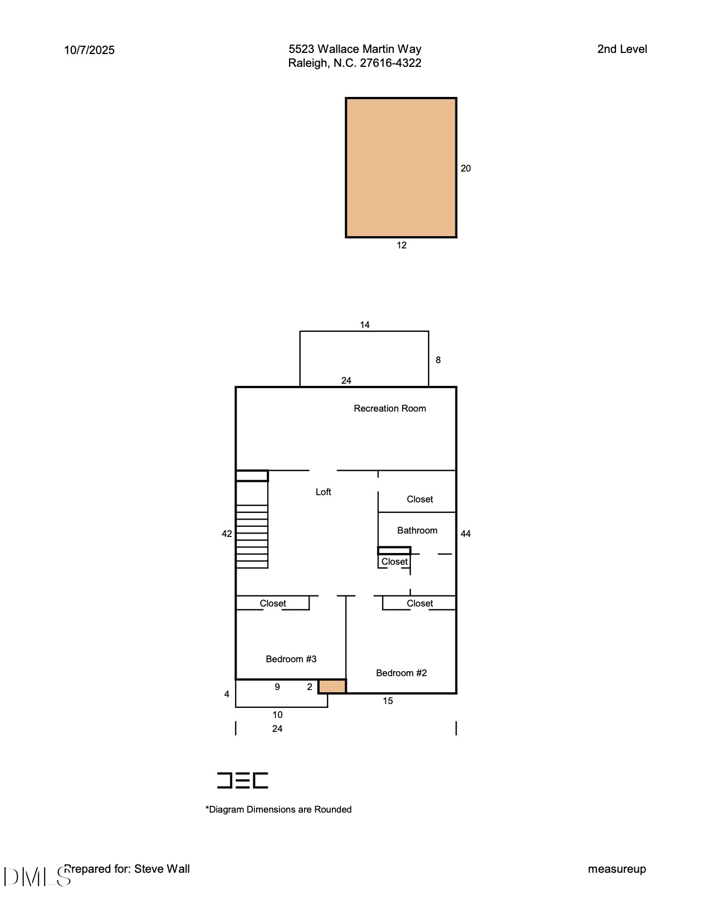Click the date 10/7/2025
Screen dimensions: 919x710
[x=89, y=50]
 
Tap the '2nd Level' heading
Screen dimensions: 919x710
[x=622, y=49]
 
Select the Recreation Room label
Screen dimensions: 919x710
[x=390, y=408]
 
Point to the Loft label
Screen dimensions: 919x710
[x=323, y=492]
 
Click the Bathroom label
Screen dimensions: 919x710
[x=417, y=530]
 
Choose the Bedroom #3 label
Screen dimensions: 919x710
[x=291, y=659]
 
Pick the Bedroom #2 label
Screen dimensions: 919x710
[x=401, y=673]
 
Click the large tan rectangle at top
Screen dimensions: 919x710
[x=401, y=168]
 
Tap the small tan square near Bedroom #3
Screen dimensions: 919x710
[x=332, y=686]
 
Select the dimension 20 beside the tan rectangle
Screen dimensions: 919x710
[x=466, y=168]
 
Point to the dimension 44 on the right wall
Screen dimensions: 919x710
[x=466, y=534]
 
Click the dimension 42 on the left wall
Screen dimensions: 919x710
[x=227, y=534]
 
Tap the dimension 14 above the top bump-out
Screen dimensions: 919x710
[x=365, y=325]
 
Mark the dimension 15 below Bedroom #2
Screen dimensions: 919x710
[x=388, y=701]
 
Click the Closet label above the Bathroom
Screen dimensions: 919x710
[x=419, y=499]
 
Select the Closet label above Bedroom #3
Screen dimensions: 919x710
[x=272, y=603]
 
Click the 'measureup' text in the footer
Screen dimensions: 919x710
[x=616, y=869]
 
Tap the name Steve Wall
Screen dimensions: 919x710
[x=162, y=869]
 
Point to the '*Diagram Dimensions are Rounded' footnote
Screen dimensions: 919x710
[x=278, y=809]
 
